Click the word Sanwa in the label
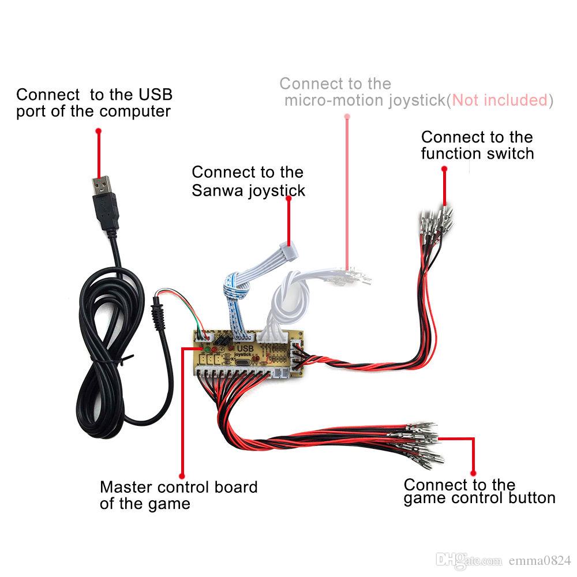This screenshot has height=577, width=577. tap(218, 190)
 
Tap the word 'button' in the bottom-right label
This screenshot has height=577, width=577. tap(529, 498)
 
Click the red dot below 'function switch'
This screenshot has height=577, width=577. tap(444, 168)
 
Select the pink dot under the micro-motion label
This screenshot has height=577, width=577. tap(347, 115)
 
